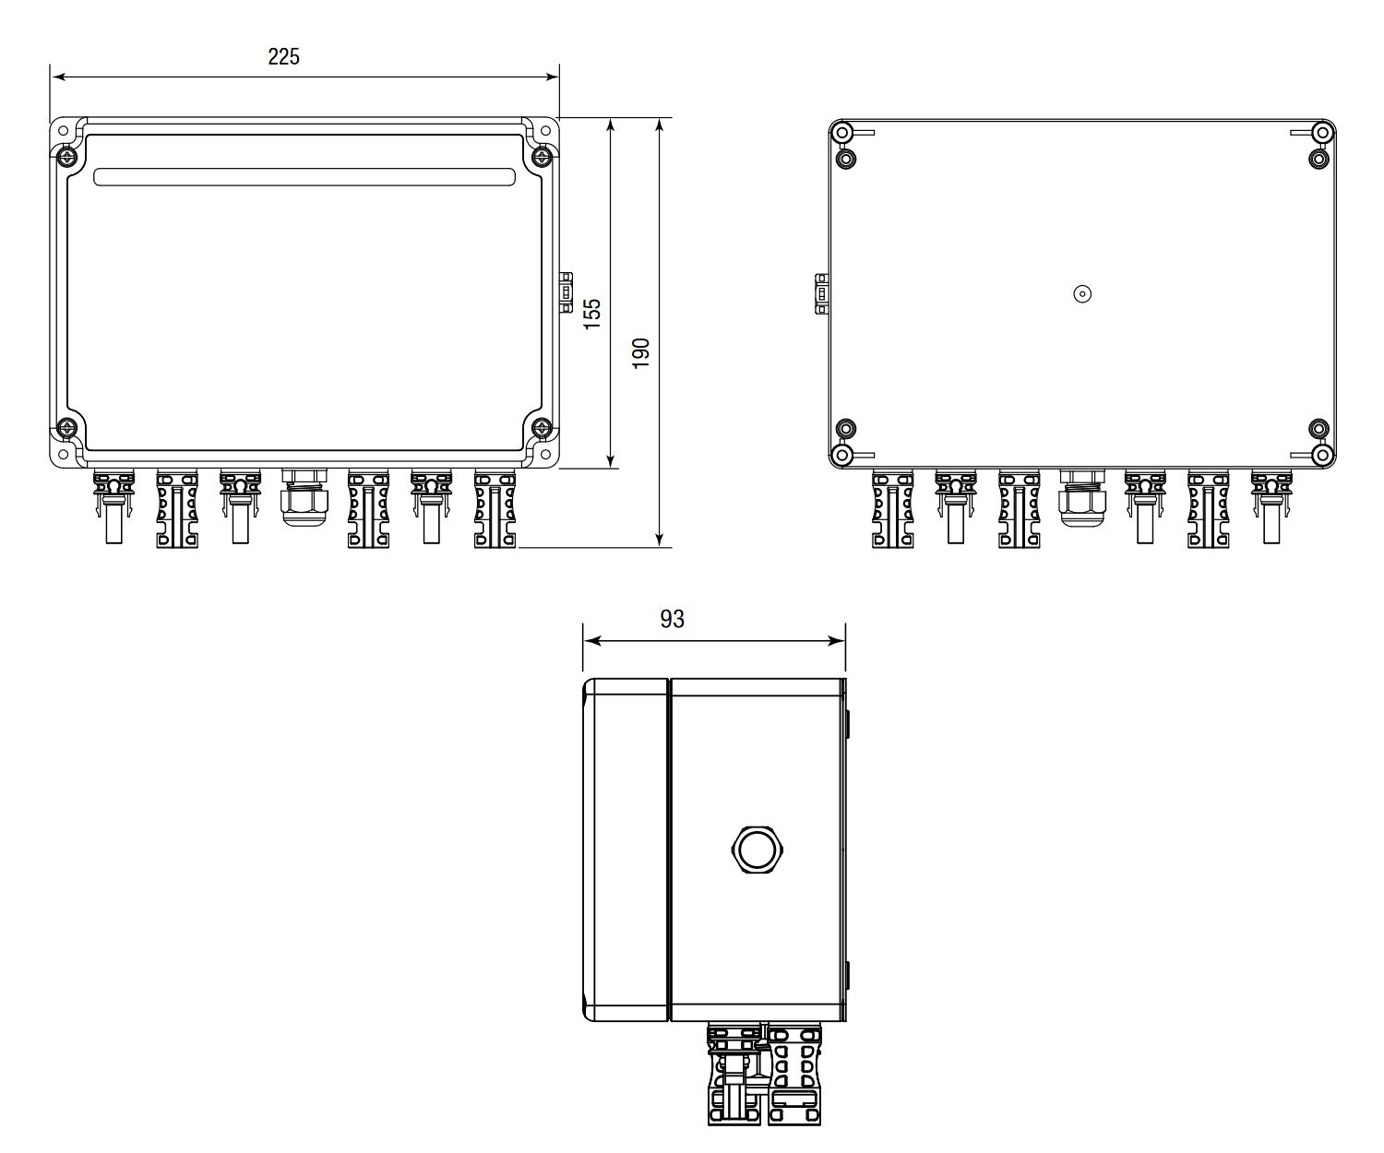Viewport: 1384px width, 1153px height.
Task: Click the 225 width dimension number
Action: coord(283,56)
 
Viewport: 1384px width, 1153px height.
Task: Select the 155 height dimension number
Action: coord(592,312)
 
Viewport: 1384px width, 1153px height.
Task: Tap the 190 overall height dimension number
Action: coord(641,352)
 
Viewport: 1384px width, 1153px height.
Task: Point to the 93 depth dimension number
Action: coord(673,619)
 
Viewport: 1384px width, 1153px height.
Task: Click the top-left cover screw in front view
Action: coord(68,157)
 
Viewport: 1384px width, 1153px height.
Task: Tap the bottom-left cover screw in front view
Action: coord(68,427)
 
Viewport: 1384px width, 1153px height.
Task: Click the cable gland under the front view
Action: coord(304,497)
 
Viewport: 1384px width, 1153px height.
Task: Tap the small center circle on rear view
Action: coord(1083,294)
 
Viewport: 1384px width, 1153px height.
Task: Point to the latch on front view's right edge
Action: coord(566,292)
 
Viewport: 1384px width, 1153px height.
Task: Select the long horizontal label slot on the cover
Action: coord(304,177)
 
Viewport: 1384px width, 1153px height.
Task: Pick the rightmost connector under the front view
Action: coord(495,508)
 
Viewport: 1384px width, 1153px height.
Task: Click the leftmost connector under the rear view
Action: coord(892,508)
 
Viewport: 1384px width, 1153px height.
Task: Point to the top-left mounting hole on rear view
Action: coord(841,133)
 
